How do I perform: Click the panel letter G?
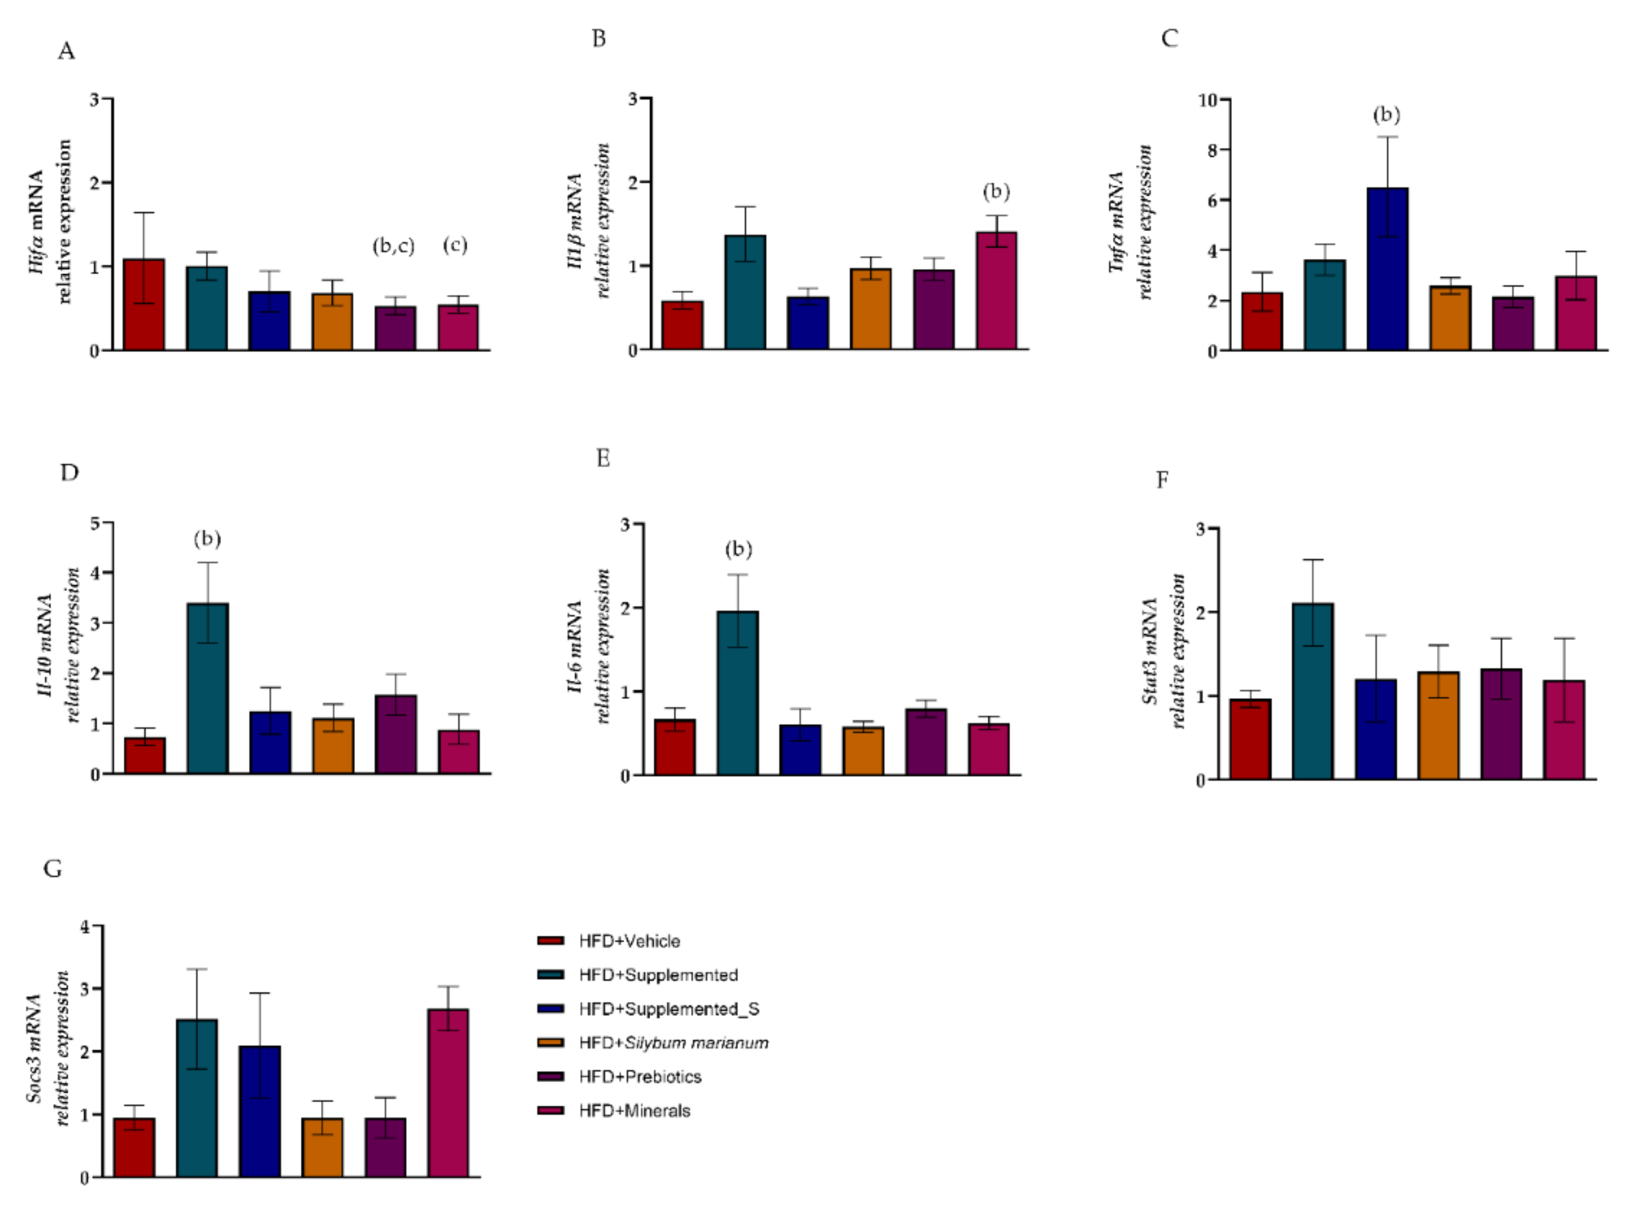pos(53,869)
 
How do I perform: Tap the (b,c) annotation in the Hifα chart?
pos(393,246)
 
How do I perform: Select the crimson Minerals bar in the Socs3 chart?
pos(448,1093)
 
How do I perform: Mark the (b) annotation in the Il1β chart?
pos(996,192)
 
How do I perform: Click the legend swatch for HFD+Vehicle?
pos(550,941)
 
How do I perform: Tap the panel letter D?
pos(69,473)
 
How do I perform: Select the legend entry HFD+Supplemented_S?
pos(669,1009)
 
